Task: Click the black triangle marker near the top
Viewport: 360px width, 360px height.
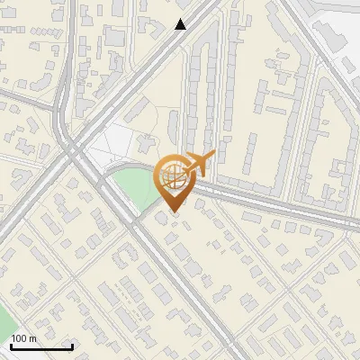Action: pos(181,24)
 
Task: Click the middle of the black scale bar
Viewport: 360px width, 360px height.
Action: pos(41,347)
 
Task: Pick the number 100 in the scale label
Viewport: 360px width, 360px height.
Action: pos(19,338)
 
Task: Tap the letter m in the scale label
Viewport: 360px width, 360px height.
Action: pos(32,338)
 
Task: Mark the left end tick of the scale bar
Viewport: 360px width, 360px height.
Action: pos(11,346)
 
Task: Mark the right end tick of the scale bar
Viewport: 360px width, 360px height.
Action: pos(72,346)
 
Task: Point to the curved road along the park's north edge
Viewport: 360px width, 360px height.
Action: pos(126,167)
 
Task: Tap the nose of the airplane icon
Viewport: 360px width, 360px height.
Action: pos(213,157)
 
